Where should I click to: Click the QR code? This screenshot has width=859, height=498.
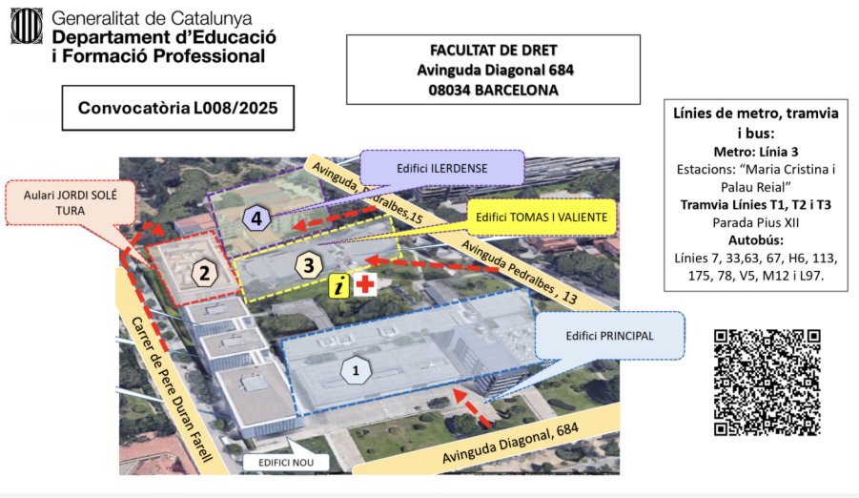tap(767, 383)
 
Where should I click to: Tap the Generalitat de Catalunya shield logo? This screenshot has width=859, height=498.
tap(27, 27)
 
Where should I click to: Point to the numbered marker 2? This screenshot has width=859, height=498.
tap(204, 274)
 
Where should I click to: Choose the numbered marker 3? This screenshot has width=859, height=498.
tap(308, 264)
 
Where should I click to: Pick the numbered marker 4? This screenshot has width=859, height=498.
tap(256, 218)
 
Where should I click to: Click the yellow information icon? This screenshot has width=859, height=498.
tap(338, 284)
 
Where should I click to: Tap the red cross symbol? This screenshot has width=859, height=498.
tap(364, 284)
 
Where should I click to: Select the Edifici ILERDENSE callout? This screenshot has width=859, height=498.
tap(442, 168)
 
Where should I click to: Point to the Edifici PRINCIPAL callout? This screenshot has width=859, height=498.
tap(609, 335)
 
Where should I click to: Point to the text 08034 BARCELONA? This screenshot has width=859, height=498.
tap(492, 90)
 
